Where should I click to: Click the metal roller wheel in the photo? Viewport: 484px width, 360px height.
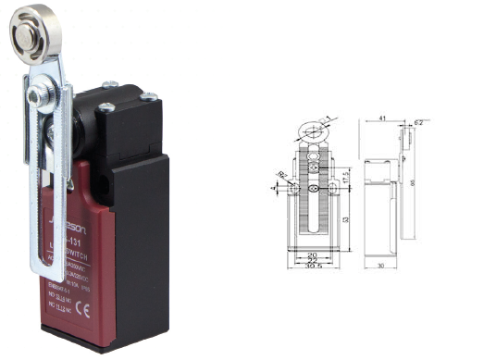point(30,30)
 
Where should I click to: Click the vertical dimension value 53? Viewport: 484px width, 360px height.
point(344,220)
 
